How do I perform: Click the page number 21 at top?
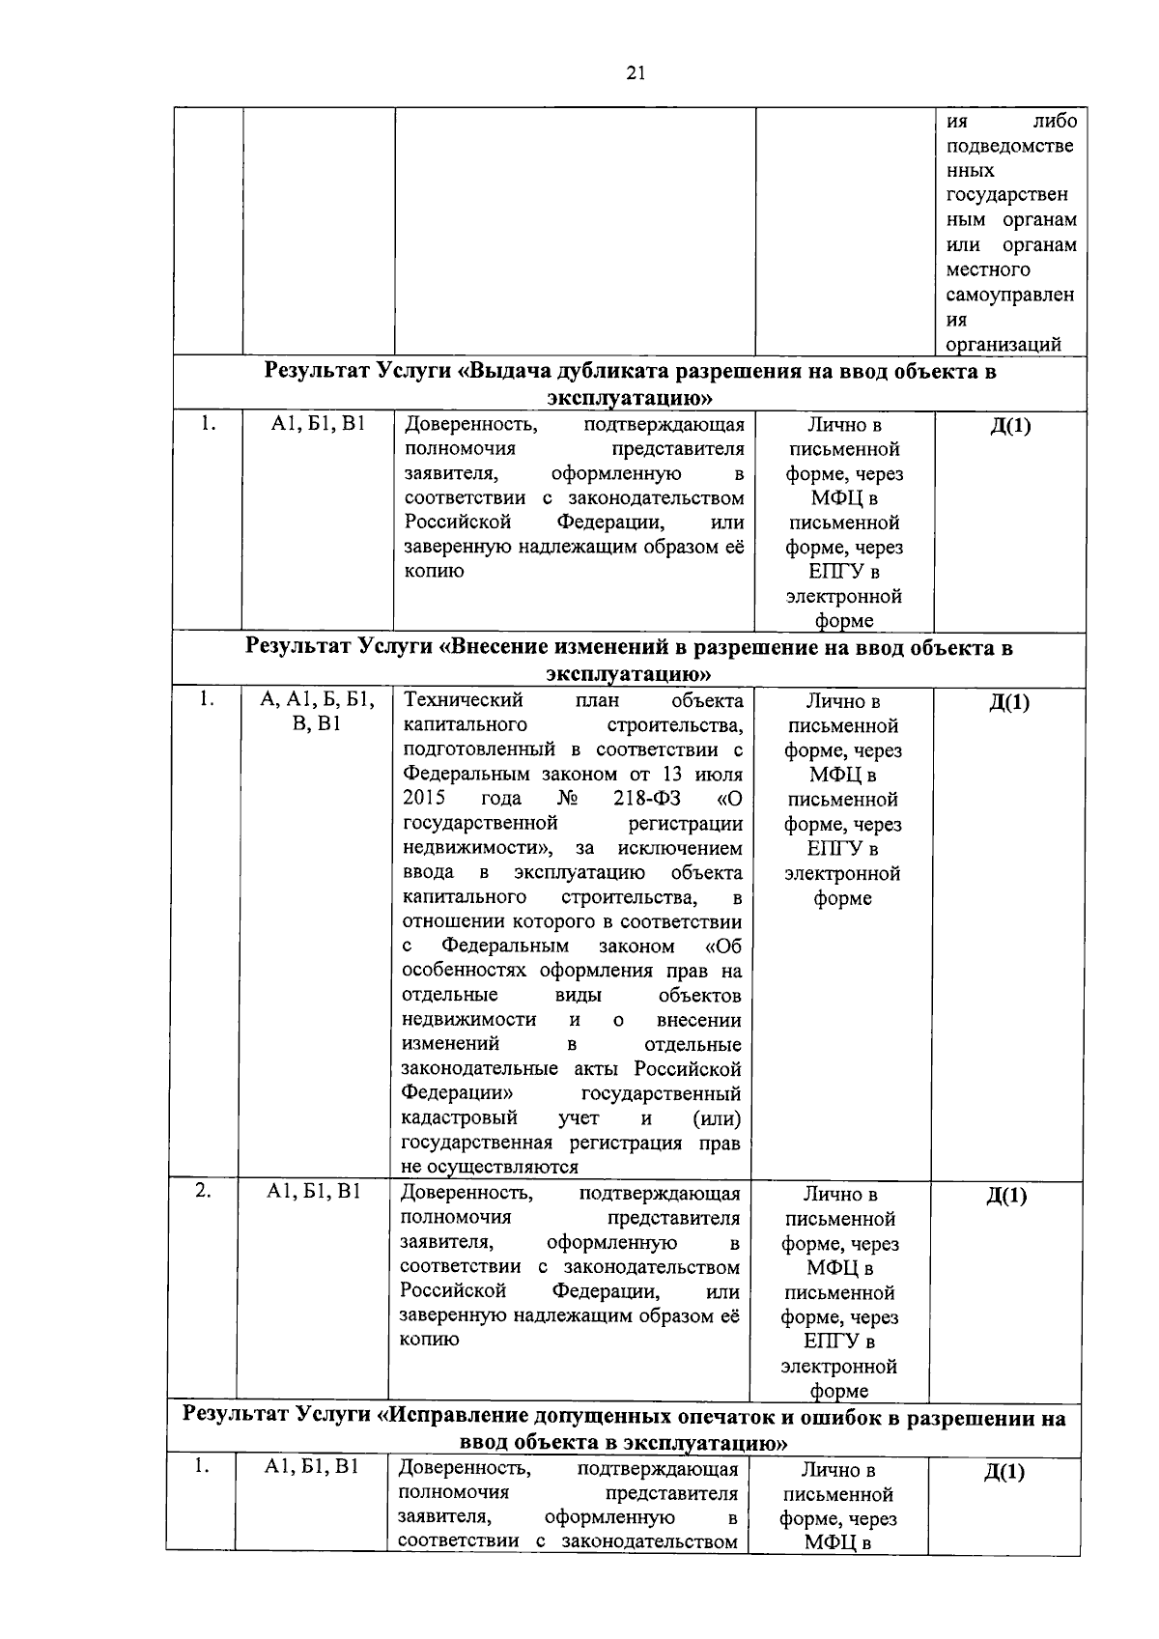(636, 72)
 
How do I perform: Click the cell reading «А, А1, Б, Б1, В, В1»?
(317, 712)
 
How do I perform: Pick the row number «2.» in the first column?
(203, 1191)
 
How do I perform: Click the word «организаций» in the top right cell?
(1004, 345)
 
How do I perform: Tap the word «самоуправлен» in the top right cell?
(1010, 295)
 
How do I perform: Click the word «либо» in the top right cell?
(1054, 122)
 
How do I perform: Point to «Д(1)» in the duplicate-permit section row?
(1010, 426)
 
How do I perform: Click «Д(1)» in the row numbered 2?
(1006, 1197)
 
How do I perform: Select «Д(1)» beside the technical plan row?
(1009, 703)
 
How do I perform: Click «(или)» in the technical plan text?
(717, 1118)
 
